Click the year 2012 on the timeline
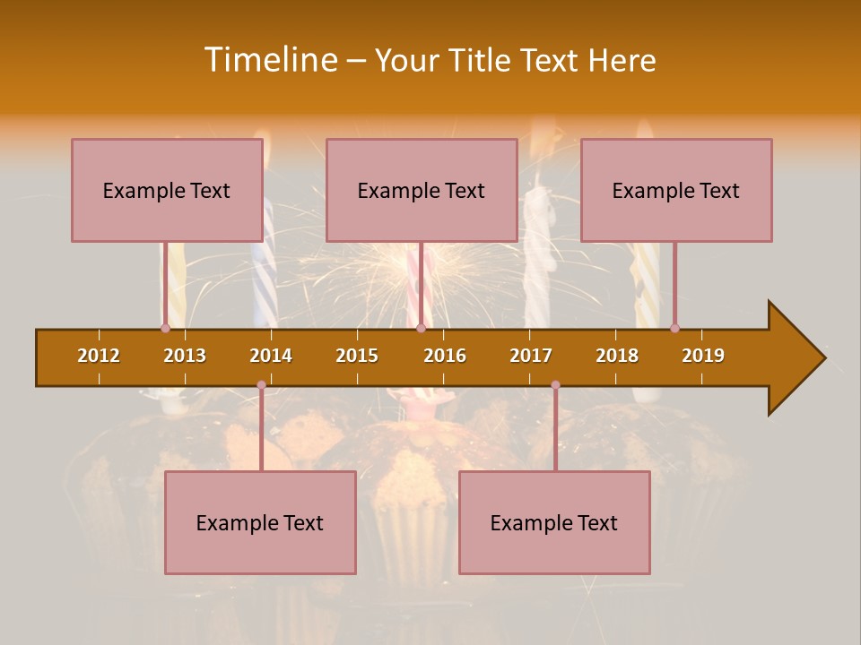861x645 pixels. click(99, 356)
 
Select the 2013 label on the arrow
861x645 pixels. click(185, 356)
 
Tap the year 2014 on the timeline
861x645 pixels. click(271, 356)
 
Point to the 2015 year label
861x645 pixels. click(357, 356)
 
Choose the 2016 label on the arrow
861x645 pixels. click(445, 356)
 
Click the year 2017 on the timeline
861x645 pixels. click(531, 356)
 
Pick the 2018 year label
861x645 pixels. click(617, 356)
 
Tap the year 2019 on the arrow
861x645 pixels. click(703, 356)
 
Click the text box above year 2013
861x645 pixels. click(167, 190)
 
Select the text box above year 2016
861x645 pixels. click(422, 190)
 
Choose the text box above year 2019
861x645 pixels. click(676, 190)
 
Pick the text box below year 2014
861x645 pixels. click(260, 522)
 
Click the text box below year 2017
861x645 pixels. click(554, 522)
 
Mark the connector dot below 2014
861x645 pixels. click(261, 385)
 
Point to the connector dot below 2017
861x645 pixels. click(555, 385)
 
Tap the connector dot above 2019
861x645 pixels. click(674, 328)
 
